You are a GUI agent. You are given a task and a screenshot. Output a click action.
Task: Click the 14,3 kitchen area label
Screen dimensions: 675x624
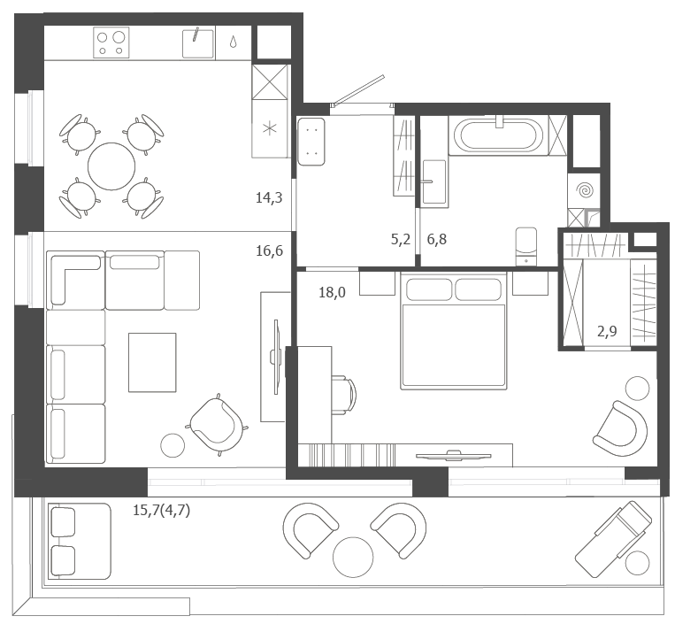[x=269, y=198]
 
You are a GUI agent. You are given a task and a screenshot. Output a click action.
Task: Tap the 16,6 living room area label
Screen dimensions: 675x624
[x=270, y=250]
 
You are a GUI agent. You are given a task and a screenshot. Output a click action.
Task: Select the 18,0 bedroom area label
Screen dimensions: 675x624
[x=332, y=293]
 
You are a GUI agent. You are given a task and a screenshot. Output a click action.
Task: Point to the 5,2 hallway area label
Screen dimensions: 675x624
[x=401, y=240]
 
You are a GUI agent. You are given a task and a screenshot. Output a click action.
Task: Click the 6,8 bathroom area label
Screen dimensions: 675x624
[x=436, y=240]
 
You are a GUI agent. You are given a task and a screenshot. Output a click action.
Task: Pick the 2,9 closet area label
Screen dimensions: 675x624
[x=607, y=331]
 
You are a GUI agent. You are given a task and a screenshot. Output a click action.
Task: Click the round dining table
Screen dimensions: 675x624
[x=111, y=166]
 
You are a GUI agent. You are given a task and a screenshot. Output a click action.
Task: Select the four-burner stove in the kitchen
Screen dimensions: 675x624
[x=111, y=42]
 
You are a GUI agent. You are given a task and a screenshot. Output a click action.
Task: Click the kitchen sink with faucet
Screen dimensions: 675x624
[x=198, y=43]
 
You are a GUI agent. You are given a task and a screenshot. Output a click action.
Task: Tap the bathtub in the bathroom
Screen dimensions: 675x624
[x=498, y=135]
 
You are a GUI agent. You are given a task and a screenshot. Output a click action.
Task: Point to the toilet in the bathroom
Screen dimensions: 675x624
[x=526, y=246]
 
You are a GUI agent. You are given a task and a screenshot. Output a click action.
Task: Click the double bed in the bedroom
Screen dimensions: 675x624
[x=453, y=331]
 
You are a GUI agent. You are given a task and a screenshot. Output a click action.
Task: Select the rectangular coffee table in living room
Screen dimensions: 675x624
[x=152, y=363]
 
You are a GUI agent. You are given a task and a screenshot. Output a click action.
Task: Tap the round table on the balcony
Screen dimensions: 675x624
[x=353, y=557]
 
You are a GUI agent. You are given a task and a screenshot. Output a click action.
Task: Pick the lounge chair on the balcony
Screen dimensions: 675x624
[x=613, y=539]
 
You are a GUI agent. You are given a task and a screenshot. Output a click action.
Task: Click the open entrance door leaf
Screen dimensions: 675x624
[x=359, y=89]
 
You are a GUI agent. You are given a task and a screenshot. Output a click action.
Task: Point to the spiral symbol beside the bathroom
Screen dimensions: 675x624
[x=586, y=190]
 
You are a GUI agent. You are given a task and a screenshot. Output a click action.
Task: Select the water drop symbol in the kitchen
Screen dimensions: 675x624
[x=233, y=42]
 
